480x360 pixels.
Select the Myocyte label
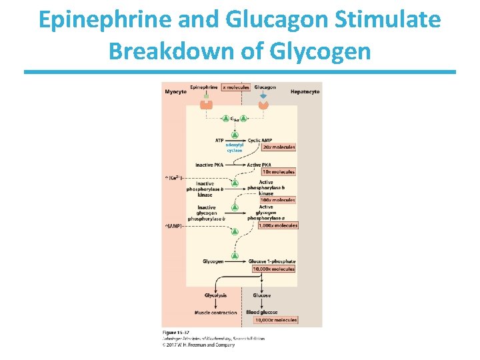(175, 91)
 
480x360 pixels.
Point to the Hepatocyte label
(305, 91)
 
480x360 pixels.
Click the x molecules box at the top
(235, 87)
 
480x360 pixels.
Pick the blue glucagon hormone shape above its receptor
(263, 96)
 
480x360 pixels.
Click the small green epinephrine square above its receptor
(207, 96)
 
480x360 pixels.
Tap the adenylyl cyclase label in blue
(234, 147)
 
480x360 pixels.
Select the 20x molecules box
(279, 147)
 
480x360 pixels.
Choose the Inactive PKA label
(209, 165)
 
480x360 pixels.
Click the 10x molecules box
(278, 172)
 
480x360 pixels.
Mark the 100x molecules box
(278, 200)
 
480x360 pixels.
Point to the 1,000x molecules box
(277, 225)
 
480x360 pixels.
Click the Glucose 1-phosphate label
(271, 261)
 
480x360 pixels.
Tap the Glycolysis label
(215, 295)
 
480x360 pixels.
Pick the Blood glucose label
(261, 313)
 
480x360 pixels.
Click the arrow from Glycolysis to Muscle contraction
(215, 304)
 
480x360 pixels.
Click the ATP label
(219, 140)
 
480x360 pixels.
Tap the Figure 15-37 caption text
(176, 331)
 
